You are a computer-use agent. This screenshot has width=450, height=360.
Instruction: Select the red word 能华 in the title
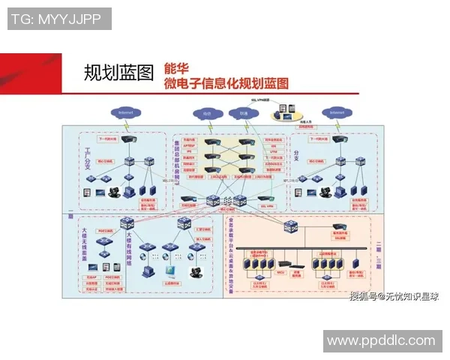177,67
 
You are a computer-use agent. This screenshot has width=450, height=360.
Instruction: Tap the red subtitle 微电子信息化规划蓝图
226,83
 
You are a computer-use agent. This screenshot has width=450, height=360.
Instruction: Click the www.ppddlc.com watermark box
380,340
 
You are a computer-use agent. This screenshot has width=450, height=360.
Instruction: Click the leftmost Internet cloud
124,112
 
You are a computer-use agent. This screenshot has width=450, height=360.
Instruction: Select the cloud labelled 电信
208,114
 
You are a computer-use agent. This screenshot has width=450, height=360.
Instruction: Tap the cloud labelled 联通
244,114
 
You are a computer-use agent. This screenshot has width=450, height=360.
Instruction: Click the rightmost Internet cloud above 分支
336,112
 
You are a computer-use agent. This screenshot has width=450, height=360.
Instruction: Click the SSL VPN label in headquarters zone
266,205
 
